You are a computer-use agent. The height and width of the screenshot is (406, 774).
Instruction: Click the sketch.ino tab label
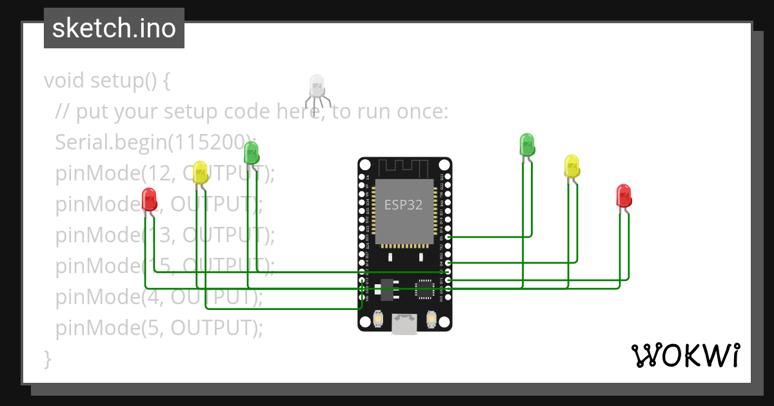(x=114, y=28)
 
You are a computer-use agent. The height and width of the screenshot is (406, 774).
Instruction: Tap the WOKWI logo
(x=685, y=355)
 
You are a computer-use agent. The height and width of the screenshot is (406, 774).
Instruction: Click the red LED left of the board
(x=149, y=198)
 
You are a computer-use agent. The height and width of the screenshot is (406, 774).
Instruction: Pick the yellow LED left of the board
(x=200, y=172)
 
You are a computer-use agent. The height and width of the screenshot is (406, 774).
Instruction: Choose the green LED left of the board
(x=251, y=153)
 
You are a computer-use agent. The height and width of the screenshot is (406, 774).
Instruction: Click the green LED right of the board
(x=527, y=144)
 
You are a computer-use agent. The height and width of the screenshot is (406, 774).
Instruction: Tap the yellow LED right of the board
(x=571, y=166)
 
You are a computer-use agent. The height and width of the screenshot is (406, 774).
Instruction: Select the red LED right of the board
(x=623, y=195)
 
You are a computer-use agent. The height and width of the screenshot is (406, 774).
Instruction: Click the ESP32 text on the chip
(x=404, y=205)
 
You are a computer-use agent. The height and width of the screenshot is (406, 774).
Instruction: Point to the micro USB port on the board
(x=404, y=325)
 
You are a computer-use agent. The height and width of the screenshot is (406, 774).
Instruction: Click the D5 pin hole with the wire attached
(x=448, y=237)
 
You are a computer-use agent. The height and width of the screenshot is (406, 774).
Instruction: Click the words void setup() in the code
(x=107, y=81)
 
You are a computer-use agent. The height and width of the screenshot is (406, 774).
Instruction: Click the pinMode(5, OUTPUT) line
(x=159, y=328)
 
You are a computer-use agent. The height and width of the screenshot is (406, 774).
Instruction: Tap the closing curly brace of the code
(x=47, y=358)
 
